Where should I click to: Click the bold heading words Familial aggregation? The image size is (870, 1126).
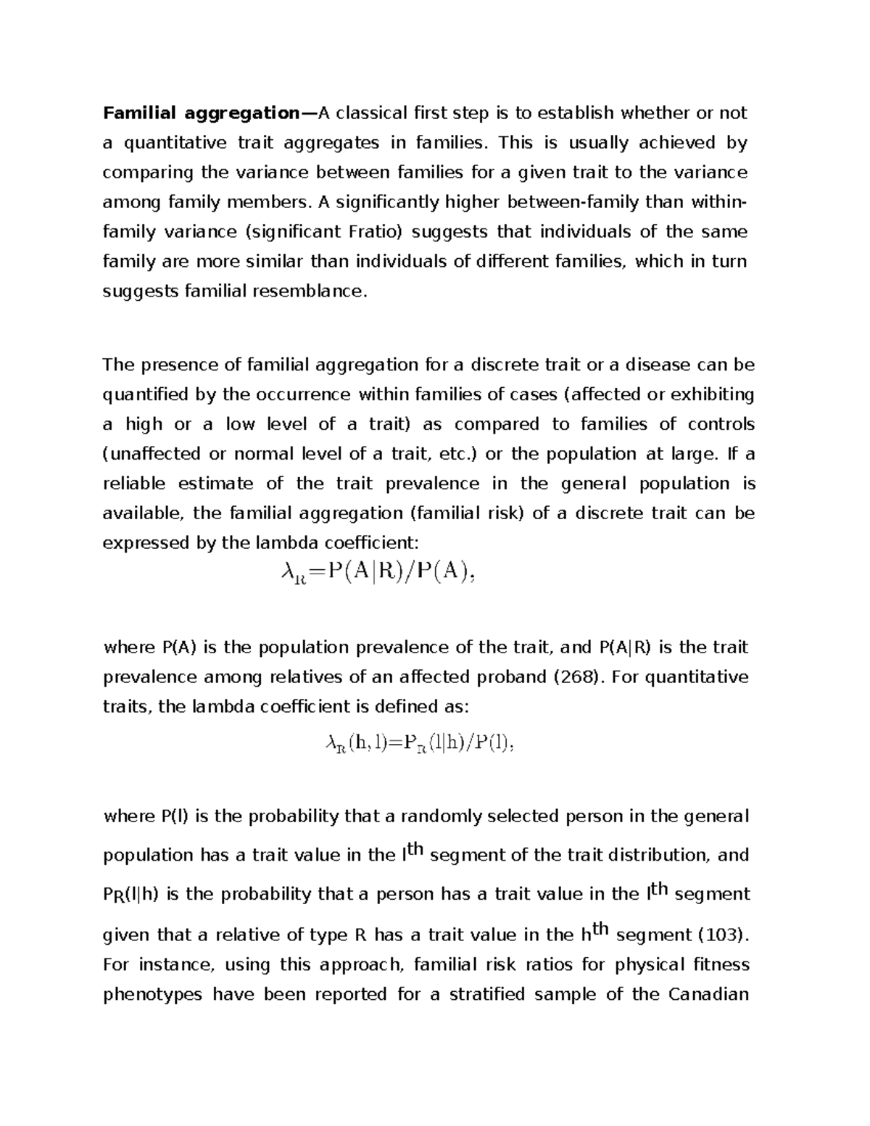tap(201, 114)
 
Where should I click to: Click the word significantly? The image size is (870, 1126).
tap(393, 202)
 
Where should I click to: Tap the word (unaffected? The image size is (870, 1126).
tap(152, 454)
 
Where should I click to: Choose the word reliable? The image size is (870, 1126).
tap(134, 484)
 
